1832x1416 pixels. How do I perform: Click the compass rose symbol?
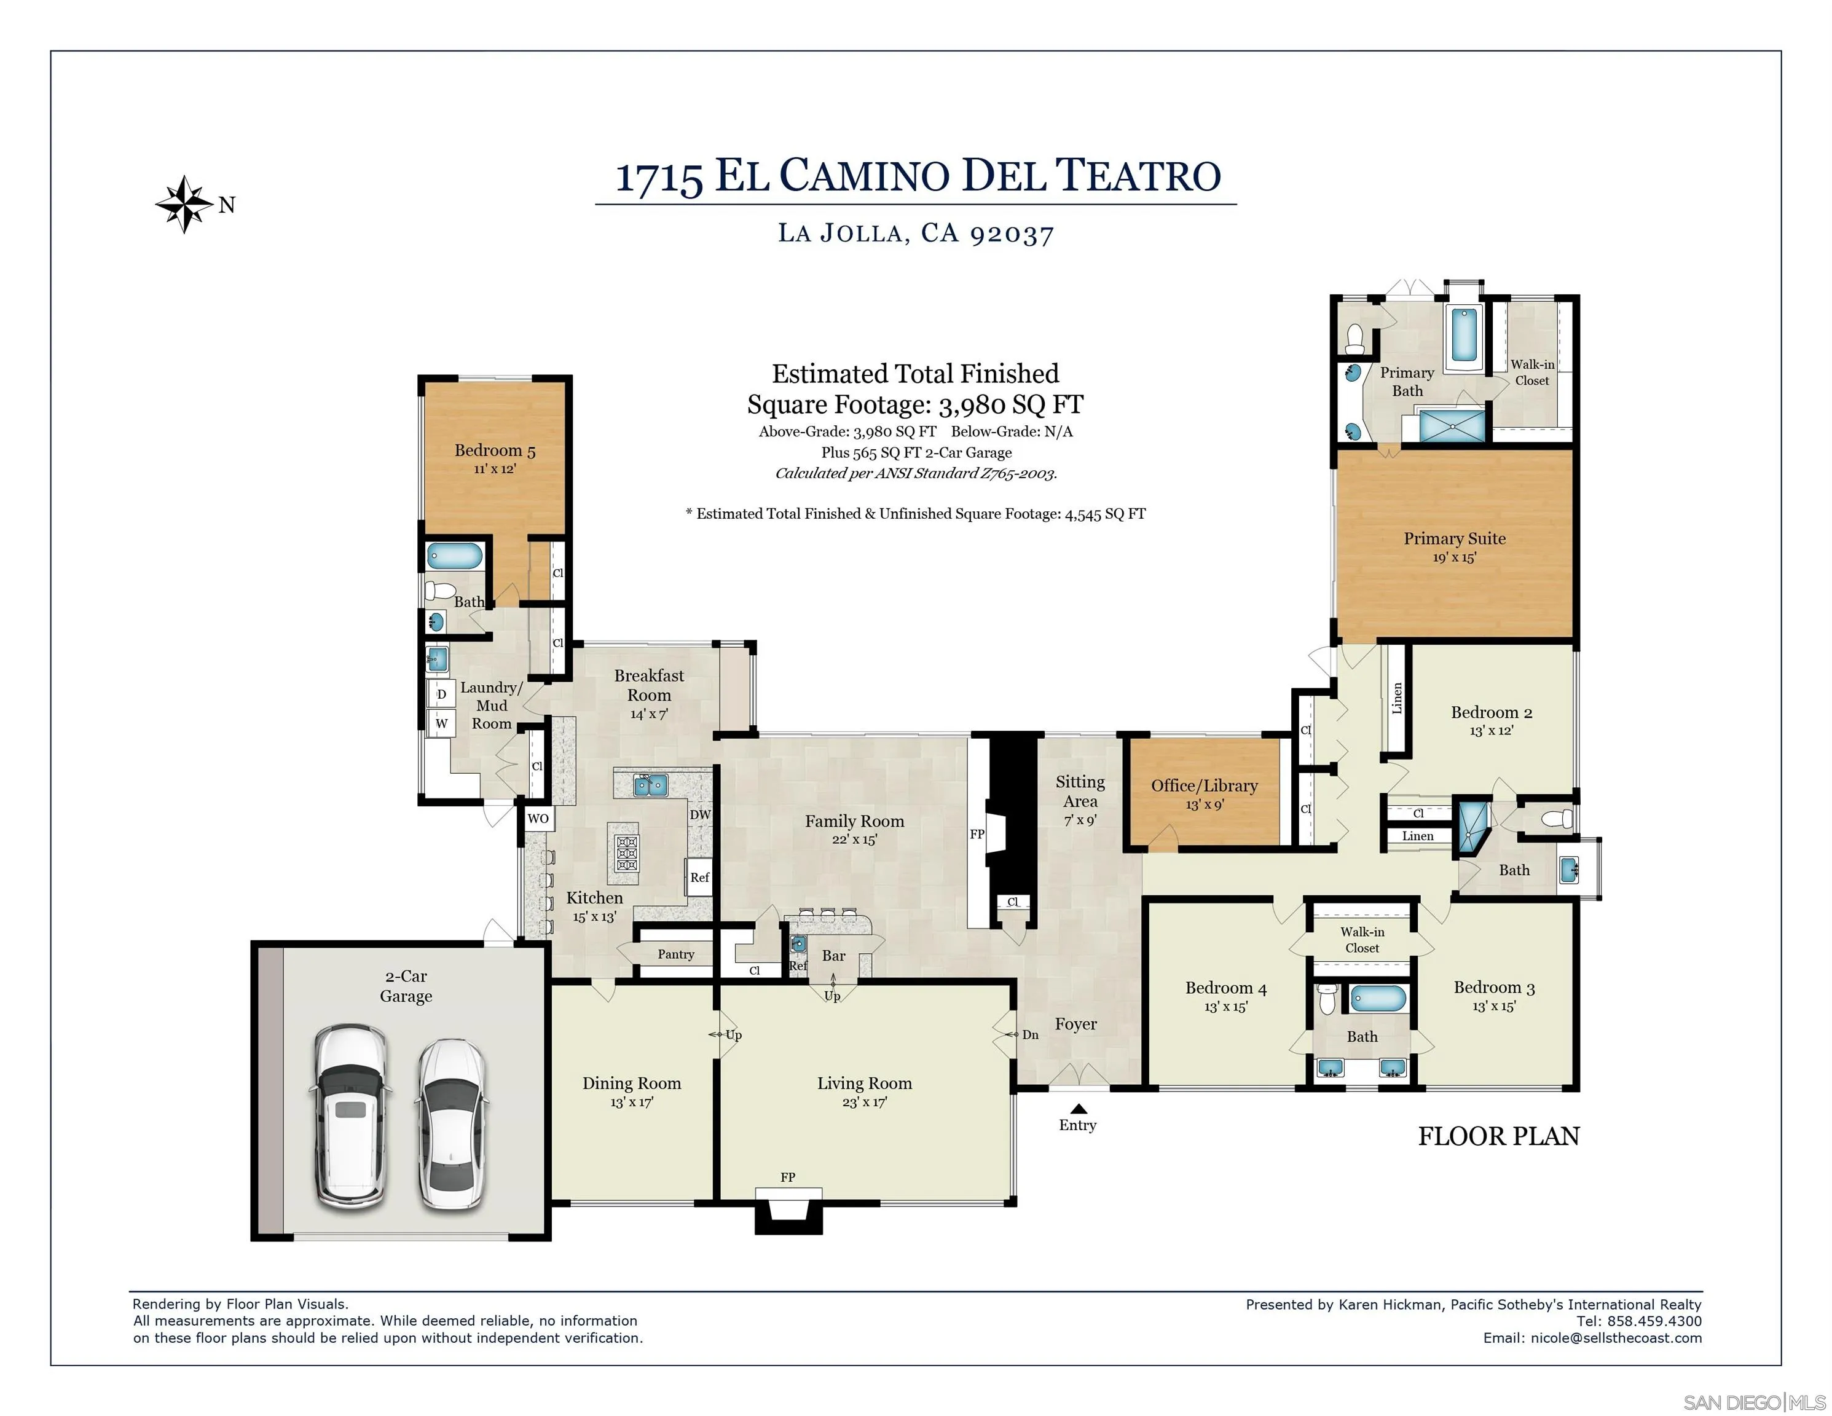[x=184, y=204]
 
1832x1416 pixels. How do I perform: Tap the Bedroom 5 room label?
[x=495, y=450]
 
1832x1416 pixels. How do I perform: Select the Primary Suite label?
[x=1455, y=538]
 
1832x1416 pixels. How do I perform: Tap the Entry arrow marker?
[x=1079, y=1108]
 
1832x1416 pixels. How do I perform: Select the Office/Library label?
[x=1204, y=785]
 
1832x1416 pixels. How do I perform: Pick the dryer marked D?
[x=441, y=694]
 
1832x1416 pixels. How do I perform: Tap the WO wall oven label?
[x=538, y=819]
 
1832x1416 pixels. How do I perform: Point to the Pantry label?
[x=676, y=954]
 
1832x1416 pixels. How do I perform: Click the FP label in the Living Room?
[x=788, y=1177]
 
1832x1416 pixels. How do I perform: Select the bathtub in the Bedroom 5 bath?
[x=455, y=556]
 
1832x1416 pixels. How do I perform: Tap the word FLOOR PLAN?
[x=1498, y=1136]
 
